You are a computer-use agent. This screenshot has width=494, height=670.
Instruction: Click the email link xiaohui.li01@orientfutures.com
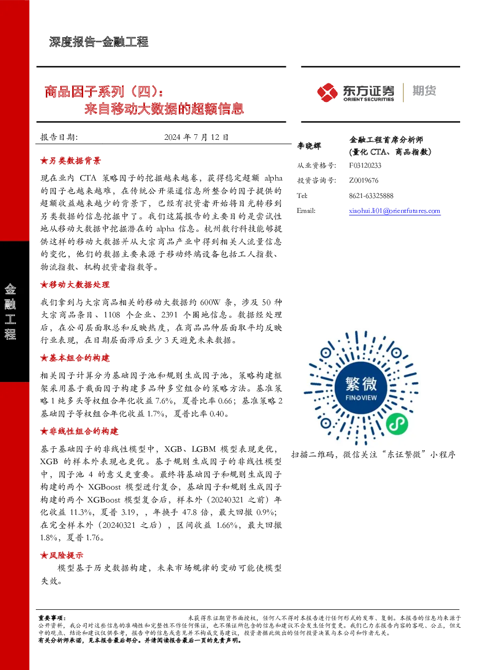tap(394, 211)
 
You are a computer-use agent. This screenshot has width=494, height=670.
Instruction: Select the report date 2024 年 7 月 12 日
tap(196, 137)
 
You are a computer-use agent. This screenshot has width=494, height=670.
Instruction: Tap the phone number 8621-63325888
tap(371, 196)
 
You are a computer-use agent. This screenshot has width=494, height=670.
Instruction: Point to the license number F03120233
tap(365, 166)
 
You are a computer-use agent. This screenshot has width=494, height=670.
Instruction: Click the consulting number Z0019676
tap(364, 181)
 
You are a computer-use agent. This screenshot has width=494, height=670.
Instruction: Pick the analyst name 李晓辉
tap(309, 146)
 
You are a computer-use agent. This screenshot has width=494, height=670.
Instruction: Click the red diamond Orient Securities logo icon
tap(327, 93)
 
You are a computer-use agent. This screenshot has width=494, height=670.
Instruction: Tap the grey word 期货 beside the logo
tap(424, 91)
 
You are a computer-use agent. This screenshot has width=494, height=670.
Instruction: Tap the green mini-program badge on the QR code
tap(397, 424)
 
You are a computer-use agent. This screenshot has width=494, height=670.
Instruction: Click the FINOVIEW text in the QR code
tap(361, 398)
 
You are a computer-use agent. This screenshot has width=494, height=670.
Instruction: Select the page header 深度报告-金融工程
tap(99, 42)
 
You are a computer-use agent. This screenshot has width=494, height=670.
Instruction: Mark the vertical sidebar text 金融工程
tap(10, 311)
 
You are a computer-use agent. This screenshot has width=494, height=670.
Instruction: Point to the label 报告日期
tap(59, 137)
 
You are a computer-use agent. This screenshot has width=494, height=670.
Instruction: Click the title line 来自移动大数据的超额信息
tap(164, 108)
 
